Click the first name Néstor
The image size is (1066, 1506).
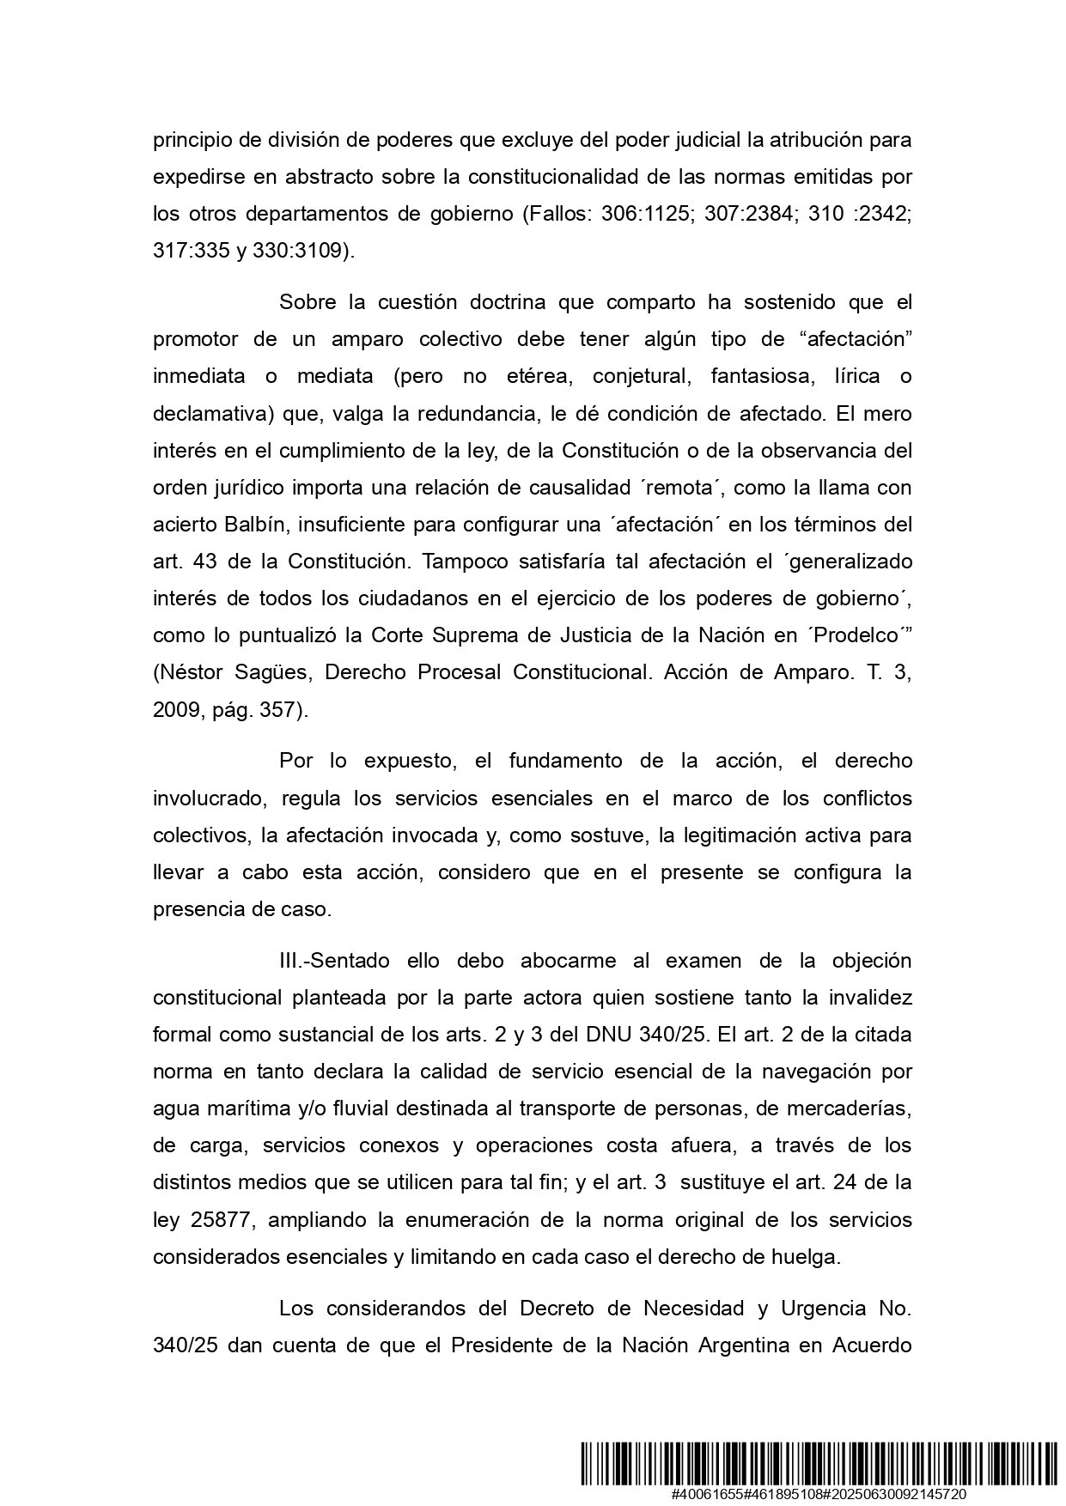pos(193,672)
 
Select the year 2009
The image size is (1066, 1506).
pos(177,709)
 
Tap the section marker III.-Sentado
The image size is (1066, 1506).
pos(332,960)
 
